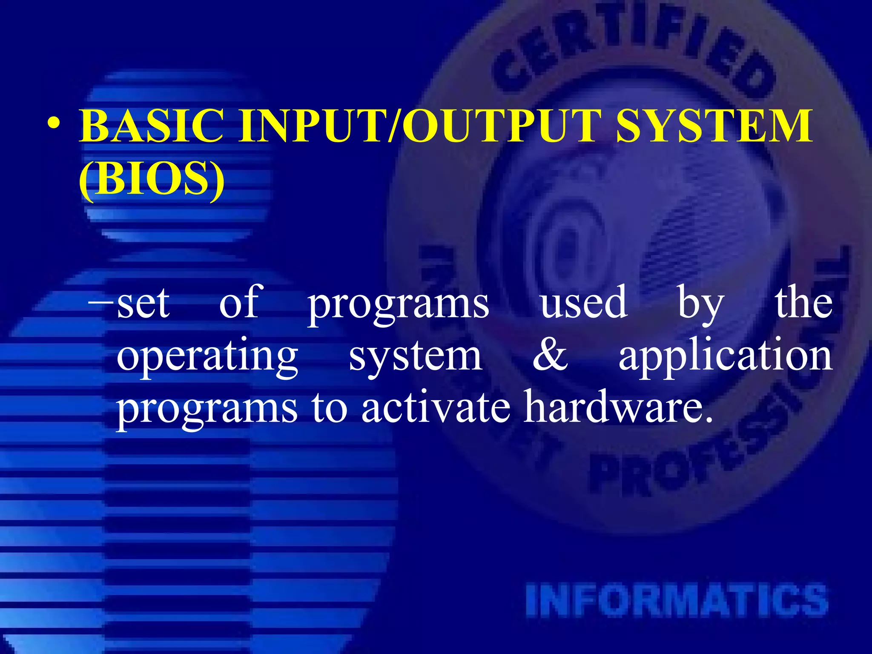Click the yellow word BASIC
tap(151, 126)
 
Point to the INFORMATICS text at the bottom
tap(677, 600)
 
